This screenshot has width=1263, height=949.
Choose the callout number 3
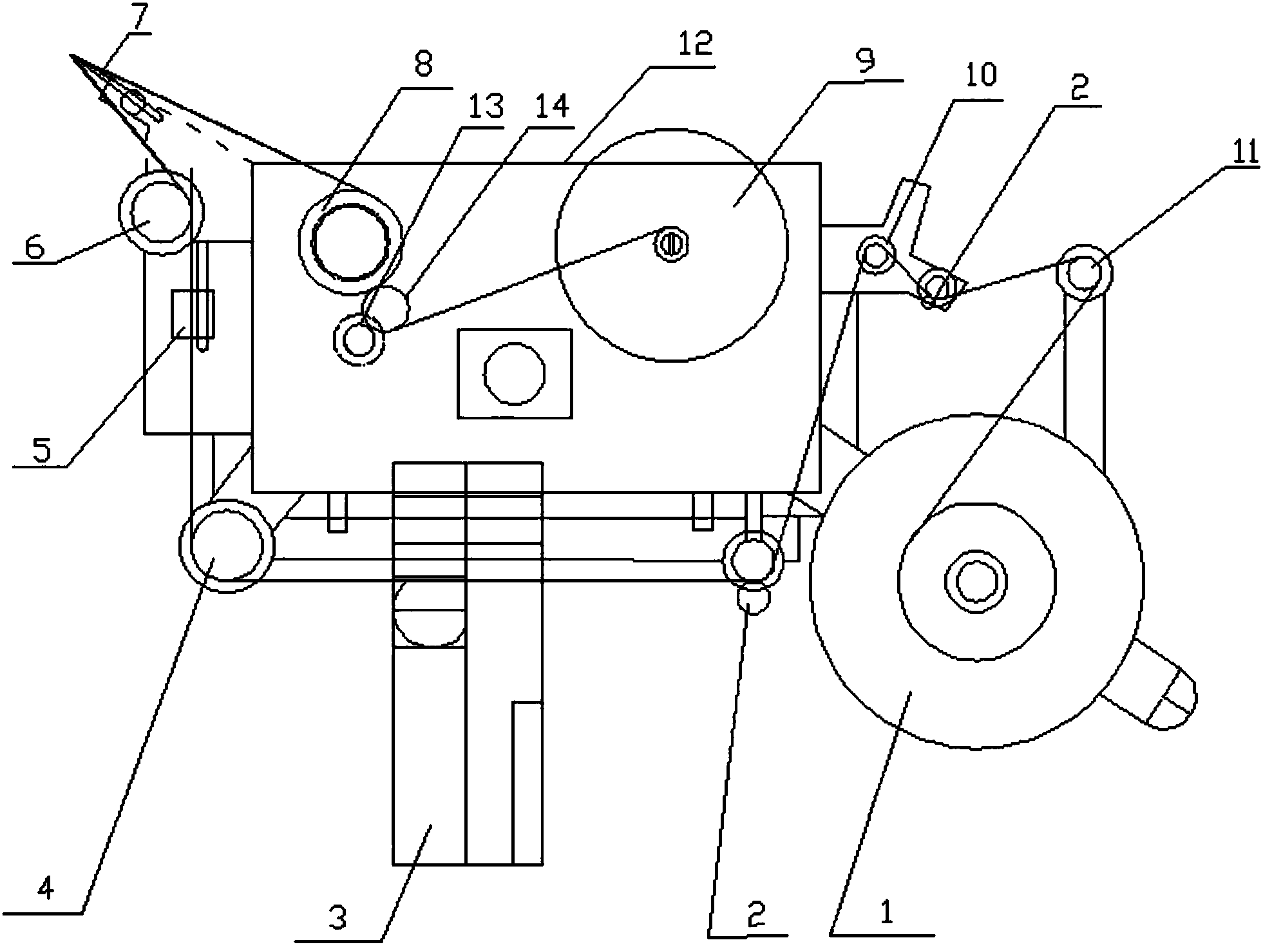point(337,918)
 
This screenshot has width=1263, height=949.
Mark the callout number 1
point(887,913)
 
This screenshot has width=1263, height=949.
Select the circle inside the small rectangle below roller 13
point(514,374)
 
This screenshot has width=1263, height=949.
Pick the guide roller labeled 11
point(1085,273)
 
